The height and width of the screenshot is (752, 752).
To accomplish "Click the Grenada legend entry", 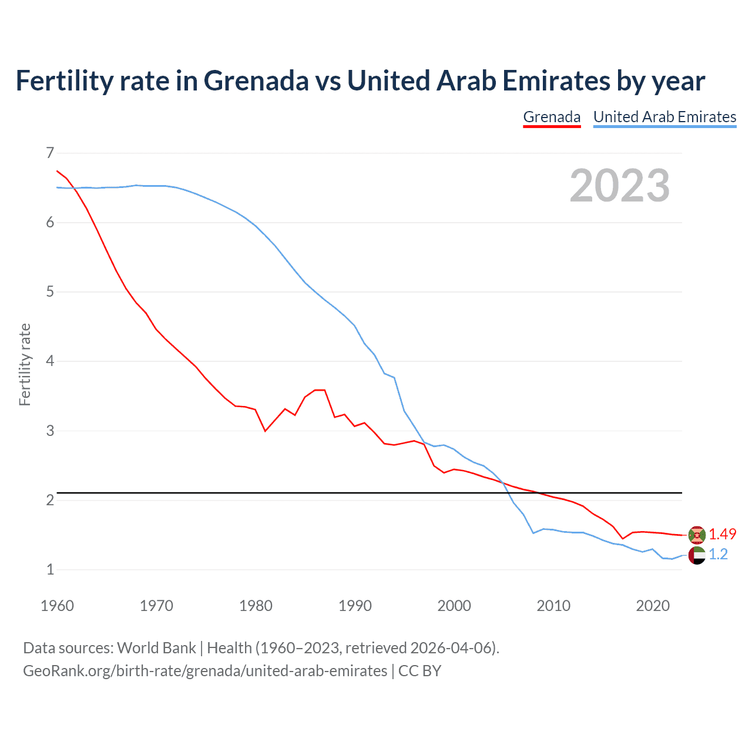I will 552,117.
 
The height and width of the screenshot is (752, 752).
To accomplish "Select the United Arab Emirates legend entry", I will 664,117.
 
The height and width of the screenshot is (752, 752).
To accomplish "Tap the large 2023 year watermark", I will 619,186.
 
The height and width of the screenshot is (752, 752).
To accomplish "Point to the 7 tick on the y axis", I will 50,153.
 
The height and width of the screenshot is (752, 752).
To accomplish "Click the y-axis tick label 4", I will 50,361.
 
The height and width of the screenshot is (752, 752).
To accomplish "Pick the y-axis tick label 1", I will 50,569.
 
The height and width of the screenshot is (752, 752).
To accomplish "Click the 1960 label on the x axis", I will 57,606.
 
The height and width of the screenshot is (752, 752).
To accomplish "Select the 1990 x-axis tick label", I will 355,606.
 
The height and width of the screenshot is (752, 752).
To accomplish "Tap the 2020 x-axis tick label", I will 653,606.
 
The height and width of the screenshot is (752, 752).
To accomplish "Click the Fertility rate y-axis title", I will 25,364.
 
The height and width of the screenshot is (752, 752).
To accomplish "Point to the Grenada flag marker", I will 697,535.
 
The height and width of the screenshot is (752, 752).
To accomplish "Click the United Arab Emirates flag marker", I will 697,555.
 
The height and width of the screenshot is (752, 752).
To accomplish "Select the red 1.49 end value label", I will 722,534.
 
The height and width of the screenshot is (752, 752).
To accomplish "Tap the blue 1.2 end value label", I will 718,554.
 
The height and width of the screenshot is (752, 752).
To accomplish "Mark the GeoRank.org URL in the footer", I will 205,670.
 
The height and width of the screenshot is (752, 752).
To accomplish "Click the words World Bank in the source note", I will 156,647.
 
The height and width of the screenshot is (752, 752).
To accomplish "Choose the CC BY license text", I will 419,670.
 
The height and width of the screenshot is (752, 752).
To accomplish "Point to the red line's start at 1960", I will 57,171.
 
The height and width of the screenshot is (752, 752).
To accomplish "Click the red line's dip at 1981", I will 266,431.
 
